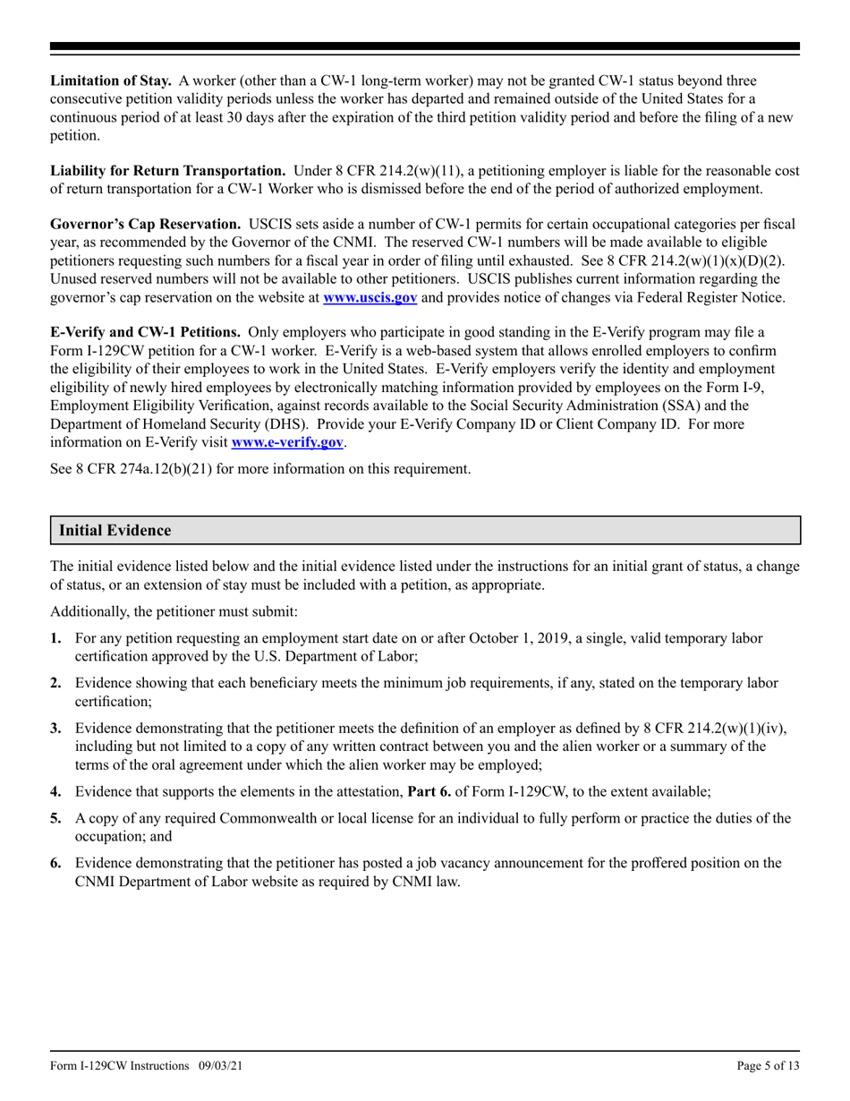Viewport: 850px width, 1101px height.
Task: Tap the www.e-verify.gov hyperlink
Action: [287, 442]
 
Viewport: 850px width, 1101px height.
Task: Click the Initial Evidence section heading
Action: [115, 531]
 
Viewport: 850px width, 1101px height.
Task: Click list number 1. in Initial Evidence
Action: [55, 638]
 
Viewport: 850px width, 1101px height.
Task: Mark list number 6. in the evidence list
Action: [55, 863]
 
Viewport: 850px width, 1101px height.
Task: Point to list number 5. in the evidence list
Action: [55, 818]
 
